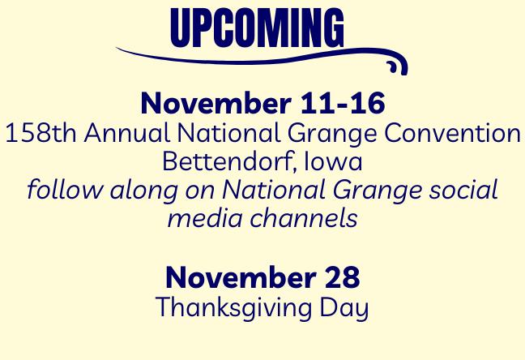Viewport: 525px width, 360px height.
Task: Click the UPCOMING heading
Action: [257, 28]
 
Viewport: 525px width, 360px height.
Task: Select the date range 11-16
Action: [343, 103]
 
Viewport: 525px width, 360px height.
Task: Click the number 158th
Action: [41, 133]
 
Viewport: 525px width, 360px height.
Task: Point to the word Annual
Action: [127, 133]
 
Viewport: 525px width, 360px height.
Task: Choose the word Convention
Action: [452, 133]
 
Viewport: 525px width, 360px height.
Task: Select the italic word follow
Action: [65, 190]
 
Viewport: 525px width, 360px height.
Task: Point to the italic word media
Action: [205, 218]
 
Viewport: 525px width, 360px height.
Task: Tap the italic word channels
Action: [304, 218]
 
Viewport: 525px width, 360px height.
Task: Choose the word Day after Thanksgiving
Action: [344, 308]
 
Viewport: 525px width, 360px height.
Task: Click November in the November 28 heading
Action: [241, 277]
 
